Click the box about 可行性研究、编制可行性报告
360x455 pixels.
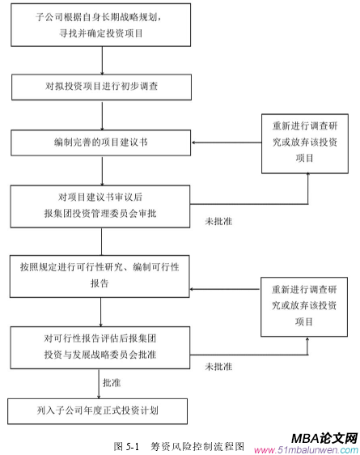[102, 273]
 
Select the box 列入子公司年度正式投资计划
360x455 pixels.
[102, 410]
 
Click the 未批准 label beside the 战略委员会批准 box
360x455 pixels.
[219, 366]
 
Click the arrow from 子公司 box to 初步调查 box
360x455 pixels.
[102, 61]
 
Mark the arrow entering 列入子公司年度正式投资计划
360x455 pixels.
[102, 389]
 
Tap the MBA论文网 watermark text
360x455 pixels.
[324, 436]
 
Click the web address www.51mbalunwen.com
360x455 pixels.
[307, 449]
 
